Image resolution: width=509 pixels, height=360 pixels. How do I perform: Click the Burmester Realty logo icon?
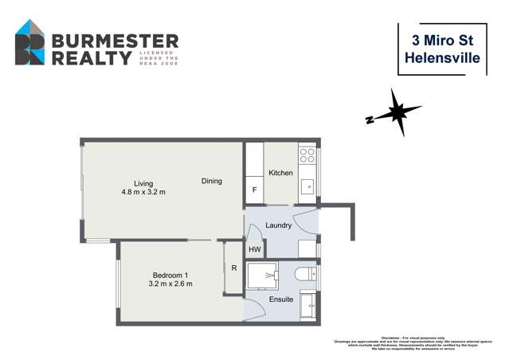click(x=31, y=43)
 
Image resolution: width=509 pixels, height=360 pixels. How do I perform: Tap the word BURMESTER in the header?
click(x=114, y=41)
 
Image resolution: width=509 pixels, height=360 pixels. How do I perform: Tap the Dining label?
click(x=211, y=182)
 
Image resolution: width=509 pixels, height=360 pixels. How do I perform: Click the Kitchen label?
click(x=280, y=173)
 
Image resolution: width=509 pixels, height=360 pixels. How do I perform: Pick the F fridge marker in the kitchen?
click(x=254, y=190)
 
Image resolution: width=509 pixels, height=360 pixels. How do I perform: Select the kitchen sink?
click(x=307, y=189)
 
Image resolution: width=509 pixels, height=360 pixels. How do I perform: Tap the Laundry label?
click(x=278, y=225)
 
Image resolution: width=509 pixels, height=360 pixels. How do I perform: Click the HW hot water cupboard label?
click(x=254, y=249)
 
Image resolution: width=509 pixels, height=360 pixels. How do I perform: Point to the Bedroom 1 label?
click(x=170, y=275)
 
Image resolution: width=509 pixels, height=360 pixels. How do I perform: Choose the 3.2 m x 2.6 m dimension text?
click(x=170, y=284)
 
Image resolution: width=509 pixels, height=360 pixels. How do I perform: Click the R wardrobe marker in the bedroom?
click(x=233, y=268)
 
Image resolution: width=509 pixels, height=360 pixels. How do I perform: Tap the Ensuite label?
click(x=280, y=299)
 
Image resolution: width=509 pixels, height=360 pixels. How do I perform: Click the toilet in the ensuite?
click(x=305, y=275)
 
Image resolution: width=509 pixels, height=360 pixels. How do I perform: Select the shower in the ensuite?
click(x=261, y=275)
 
